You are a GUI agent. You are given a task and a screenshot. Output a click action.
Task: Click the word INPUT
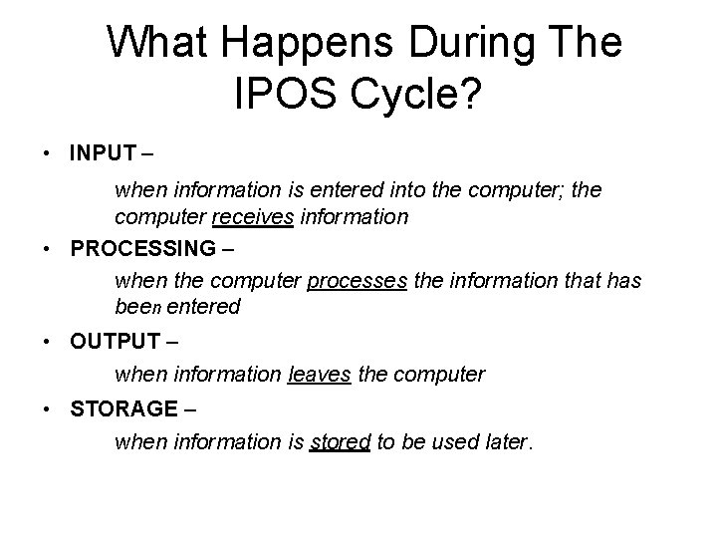[105, 153]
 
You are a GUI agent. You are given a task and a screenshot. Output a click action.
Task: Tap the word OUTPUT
[115, 342]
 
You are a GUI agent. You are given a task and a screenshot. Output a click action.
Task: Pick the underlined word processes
[357, 282]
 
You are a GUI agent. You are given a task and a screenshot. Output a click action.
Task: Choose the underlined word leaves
[317, 375]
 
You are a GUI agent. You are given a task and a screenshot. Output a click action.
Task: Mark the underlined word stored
[340, 442]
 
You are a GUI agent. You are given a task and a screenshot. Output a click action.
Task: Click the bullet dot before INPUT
[48, 154]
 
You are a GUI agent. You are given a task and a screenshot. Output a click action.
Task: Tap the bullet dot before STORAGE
[48, 410]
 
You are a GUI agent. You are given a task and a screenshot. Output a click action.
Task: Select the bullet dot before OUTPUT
[48, 343]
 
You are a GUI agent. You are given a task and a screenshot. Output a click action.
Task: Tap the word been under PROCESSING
[137, 307]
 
